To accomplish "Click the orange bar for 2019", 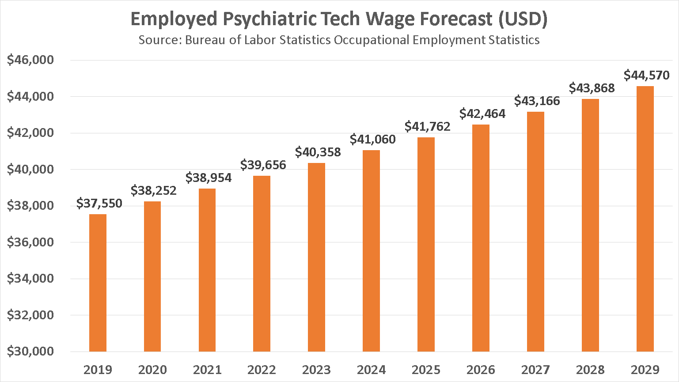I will tap(98, 283).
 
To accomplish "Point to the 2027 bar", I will tap(535, 231).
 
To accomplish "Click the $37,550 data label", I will tap(99, 203).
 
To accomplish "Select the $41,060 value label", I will tap(372, 139).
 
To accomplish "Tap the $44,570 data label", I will tap(646, 75).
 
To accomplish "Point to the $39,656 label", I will tap(263, 165).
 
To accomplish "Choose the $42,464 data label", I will tap(482, 113).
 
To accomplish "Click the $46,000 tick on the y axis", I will tap(30, 60).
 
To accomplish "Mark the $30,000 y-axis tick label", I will tap(30, 351).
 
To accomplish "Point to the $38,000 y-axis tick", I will tap(30, 206).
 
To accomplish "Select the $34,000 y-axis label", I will tap(30, 278).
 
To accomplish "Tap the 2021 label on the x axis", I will tap(207, 370).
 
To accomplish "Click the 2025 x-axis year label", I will tap(426, 370).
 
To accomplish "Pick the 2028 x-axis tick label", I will tap(590, 370).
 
